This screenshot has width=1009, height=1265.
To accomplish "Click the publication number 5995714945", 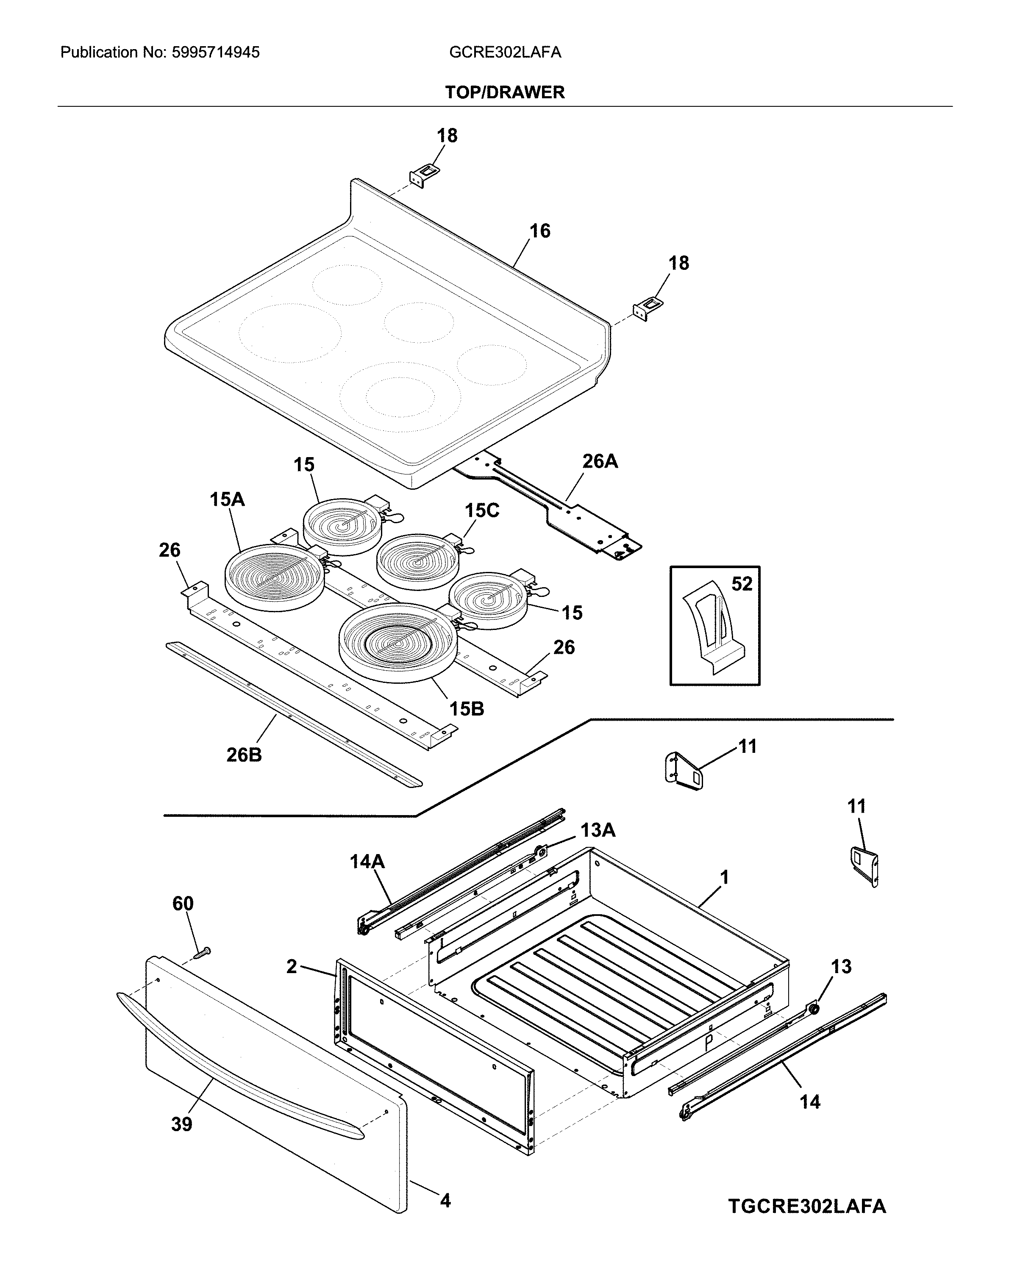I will [x=215, y=53].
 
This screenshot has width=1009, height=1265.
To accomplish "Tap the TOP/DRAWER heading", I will [x=504, y=93].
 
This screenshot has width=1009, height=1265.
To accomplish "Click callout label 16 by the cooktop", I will [x=539, y=231].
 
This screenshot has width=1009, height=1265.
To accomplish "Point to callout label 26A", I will [x=600, y=462].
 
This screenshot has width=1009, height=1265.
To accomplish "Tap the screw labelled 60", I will [x=204, y=954].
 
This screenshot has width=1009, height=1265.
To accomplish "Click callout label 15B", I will [x=467, y=709].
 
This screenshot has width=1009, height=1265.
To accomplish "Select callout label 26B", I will [x=244, y=755].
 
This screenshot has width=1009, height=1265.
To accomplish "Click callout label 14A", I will [x=367, y=862].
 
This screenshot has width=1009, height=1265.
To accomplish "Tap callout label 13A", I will [x=598, y=830].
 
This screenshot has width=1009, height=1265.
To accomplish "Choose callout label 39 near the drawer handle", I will [x=181, y=1125].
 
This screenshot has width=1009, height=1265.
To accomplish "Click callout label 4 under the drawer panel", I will [x=445, y=1201].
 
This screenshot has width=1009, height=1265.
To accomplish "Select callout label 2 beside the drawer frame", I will [x=292, y=966].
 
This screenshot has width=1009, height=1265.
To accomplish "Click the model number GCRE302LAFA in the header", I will [x=505, y=53].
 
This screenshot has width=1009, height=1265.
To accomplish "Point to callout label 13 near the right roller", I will [x=840, y=966].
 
